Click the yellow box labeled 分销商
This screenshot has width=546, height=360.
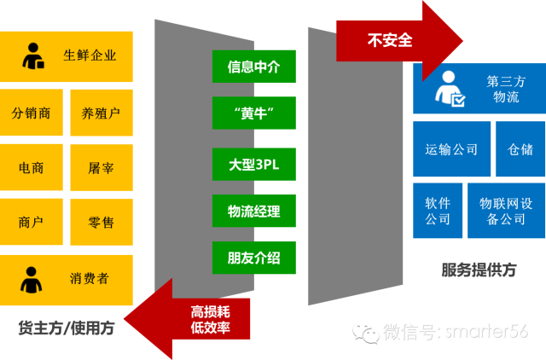pos(31,113)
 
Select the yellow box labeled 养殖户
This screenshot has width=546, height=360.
pos(101,113)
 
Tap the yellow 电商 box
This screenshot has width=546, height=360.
pos(31,168)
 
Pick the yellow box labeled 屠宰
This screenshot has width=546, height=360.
pos(101,168)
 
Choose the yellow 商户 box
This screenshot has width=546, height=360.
pos(31,223)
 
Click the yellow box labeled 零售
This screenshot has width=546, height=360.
pos(101,223)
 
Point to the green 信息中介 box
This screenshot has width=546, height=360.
pos(253,66)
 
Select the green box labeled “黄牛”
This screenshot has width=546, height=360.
pos(253,113)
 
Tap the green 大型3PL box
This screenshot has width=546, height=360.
pos(253,164)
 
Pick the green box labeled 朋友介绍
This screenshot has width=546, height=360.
pos(253,258)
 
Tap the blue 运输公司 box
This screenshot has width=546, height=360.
pos(451,149)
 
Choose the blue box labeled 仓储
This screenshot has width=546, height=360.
pos(520,149)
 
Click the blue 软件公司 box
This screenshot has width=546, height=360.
pos(438,211)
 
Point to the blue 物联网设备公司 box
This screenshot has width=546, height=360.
pos(506,211)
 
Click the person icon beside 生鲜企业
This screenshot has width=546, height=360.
pos(34,55)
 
